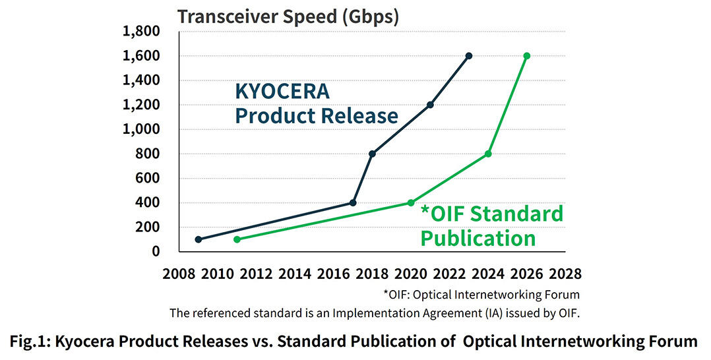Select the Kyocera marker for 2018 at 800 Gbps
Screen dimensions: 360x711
coord(372,154)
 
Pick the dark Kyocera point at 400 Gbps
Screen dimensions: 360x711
coord(353,202)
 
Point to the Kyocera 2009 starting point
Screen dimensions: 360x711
coord(199,239)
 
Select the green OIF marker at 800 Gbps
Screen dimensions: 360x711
coord(488,154)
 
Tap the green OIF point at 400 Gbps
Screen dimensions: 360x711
coord(411,202)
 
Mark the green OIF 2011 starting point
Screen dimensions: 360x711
coord(237,239)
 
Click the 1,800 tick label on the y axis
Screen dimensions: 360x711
coord(141,32)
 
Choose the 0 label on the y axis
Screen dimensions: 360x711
coord(156,251)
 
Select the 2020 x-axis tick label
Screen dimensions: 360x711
coord(411,274)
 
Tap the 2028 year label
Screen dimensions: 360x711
coord(565,274)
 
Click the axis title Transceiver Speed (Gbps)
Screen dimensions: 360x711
coord(288,16)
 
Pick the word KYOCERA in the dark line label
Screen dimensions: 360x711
coord(282,92)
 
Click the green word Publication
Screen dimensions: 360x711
coord(478,237)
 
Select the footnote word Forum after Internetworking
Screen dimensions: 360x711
coord(565,294)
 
